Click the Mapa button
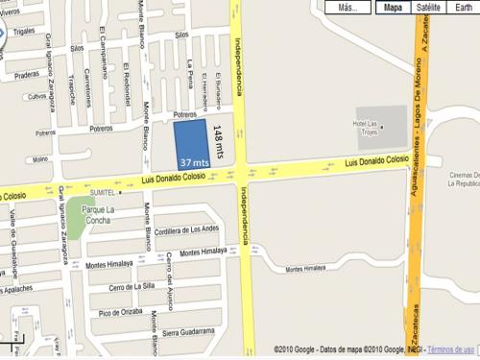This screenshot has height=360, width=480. [393, 8]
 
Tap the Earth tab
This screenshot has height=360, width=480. [463, 8]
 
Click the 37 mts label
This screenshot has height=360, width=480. [194, 164]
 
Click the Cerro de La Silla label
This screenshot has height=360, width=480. [132, 286]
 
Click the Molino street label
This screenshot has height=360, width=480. [39, 159]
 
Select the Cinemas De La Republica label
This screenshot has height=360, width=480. [458, 178]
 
